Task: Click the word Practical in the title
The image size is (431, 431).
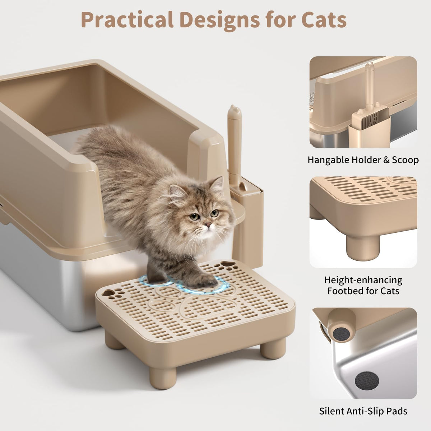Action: [x=127, y=20]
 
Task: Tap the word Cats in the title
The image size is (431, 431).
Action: [x=324, y=20]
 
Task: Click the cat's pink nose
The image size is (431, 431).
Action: [x=208, y=224]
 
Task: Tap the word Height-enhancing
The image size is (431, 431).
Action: [x=363, y=280]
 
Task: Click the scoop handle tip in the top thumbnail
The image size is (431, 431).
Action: [x=370, y=67]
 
